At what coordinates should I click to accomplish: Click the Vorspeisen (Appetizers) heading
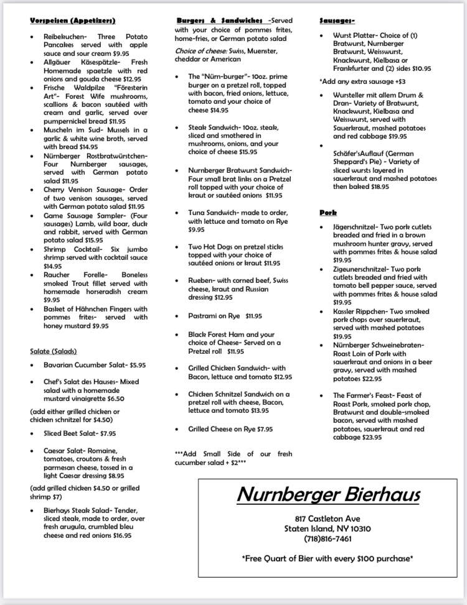(72, 21)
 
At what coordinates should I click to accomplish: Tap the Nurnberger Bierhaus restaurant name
(328, 494)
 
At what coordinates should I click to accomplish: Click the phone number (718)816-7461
(328, 538)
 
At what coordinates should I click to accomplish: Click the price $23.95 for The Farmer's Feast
(370, 437)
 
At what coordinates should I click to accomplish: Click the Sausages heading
(337, 21)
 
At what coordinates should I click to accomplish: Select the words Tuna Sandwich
(215, 212)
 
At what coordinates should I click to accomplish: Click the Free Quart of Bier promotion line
(328, 558)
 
